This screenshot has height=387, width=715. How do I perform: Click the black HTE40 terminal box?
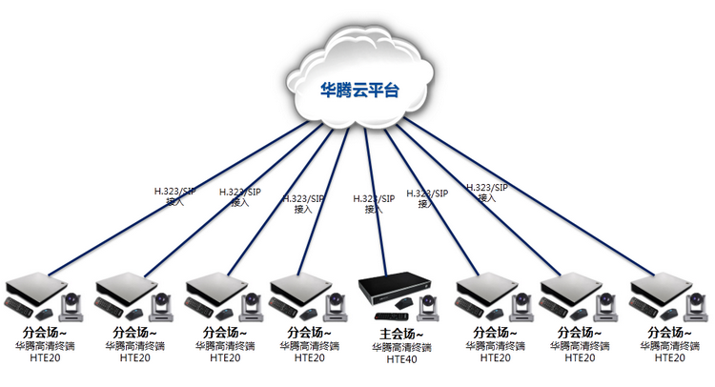coord(394,287)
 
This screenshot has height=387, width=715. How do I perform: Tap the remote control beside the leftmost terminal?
coord(19,306)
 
